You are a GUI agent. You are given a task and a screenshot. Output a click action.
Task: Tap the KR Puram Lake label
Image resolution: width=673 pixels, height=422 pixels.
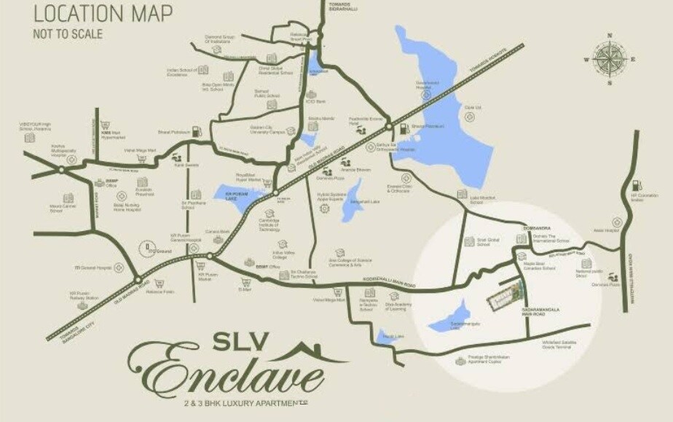(x=227, y=194)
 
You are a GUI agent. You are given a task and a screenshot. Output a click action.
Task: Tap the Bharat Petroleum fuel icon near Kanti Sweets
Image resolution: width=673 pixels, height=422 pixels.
(x=197, y=132)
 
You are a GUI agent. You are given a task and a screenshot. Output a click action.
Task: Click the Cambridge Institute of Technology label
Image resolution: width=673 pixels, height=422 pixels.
(x=271, y=224)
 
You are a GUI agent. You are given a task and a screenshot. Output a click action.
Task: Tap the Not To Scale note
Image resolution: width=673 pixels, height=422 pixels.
(x=68, y=34)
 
